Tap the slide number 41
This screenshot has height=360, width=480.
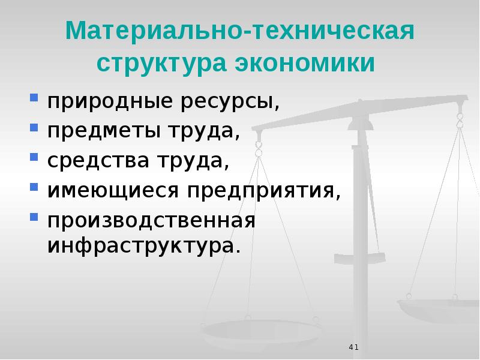(353, 347)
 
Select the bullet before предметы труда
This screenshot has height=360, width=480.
(34, 127)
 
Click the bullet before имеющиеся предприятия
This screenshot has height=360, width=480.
(34, 187)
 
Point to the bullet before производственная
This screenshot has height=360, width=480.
(34, 217)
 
